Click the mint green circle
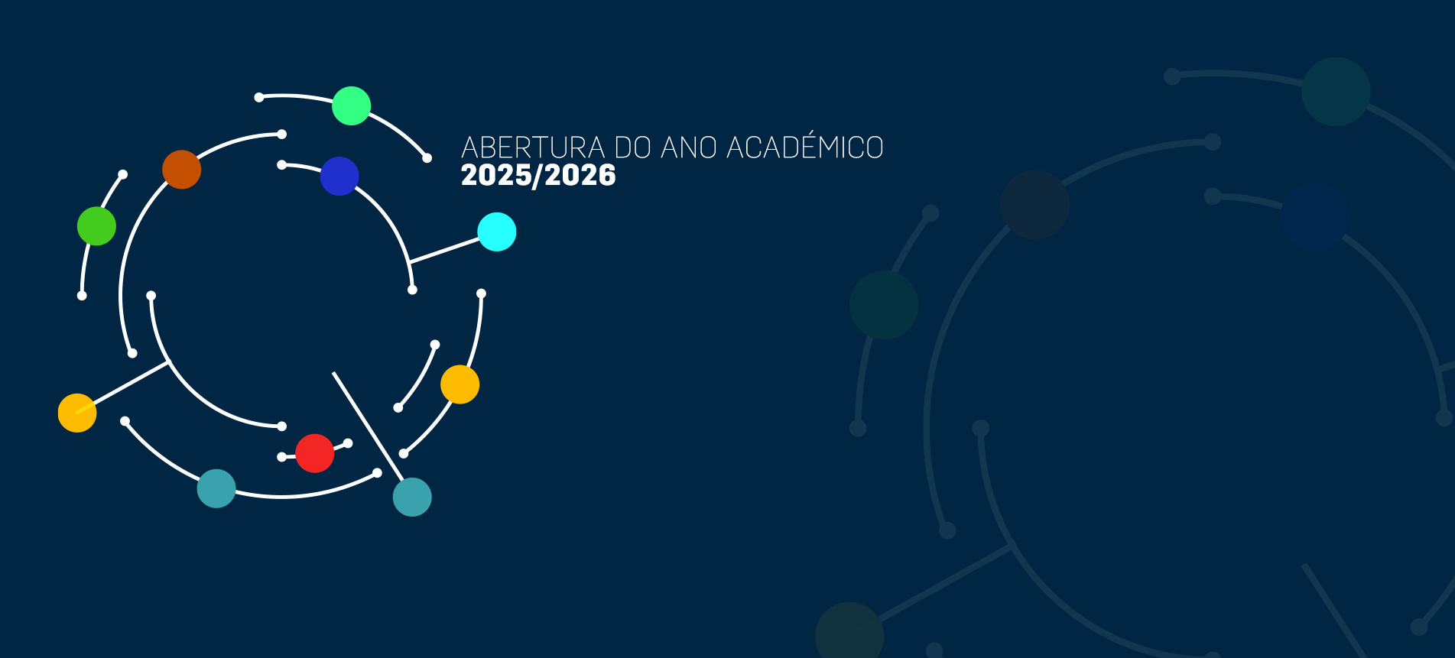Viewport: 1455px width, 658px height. [352, 105]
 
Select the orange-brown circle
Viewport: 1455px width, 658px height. [182, 170]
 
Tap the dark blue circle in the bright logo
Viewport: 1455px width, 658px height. [339, 176]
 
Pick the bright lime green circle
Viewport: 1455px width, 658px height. [96, 226]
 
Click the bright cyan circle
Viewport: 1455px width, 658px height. [497, 232]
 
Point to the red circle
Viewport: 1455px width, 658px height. [315, 453]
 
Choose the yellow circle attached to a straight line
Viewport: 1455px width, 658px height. [77, 413]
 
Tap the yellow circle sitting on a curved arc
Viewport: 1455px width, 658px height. [460, 384]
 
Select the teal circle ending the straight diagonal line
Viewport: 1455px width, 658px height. [412, 497]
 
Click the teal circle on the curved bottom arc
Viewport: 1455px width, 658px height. [216, 488]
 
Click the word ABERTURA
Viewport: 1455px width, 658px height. [533, 147]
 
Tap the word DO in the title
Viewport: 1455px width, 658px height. [633, 147]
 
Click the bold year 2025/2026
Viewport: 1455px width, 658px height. [538, 175]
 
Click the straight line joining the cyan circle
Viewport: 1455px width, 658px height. [444, 251]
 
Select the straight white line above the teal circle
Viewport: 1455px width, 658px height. [368, 426]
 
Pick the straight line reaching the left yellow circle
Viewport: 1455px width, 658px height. [122, 387]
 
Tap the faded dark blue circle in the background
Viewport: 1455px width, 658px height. [1315, 216]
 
